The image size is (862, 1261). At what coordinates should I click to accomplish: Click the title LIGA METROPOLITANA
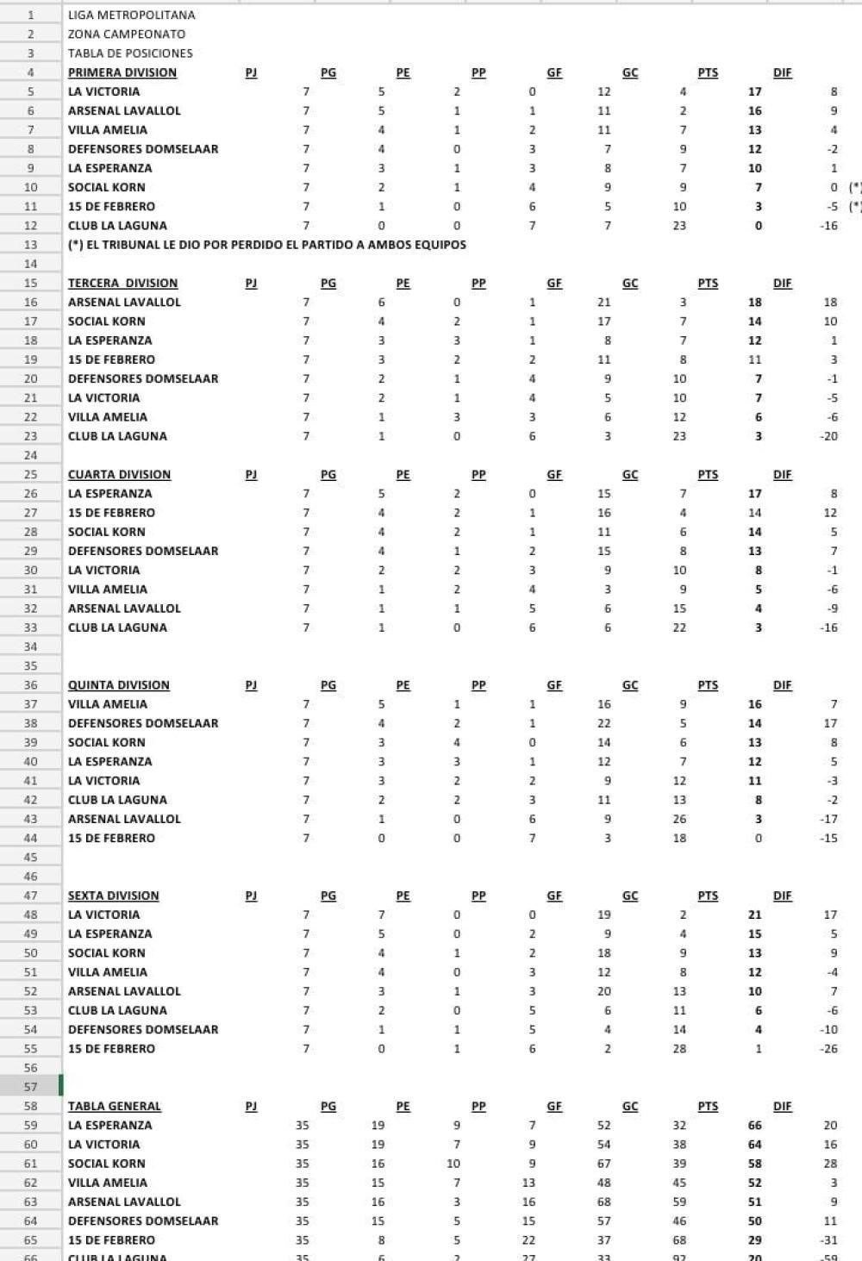point(131,15)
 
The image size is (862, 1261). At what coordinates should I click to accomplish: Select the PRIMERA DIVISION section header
point(122,72)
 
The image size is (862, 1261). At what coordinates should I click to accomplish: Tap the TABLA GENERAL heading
point(114,1106)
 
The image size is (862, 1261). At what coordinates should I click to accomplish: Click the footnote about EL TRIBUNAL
point(266,245)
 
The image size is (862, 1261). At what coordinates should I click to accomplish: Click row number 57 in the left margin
point(31,1087)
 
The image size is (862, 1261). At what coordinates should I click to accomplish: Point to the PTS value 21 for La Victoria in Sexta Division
point(754,915)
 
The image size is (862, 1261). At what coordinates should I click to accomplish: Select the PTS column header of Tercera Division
point(707,283)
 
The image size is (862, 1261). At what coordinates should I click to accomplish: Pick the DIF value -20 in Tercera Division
point(828,436)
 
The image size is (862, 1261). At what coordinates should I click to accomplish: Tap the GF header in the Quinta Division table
point(554,685)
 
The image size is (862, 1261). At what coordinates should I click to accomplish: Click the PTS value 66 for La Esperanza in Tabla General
point(754,1125)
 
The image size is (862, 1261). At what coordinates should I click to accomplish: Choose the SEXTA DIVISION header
point(115,896)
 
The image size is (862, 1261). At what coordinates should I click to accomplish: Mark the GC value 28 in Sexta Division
point(679,1049)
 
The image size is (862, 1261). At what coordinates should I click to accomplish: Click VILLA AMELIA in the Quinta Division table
point(107,704)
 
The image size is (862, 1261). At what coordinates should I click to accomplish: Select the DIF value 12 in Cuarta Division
point(830,513)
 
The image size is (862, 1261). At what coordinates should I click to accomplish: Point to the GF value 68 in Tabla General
point(603,1202)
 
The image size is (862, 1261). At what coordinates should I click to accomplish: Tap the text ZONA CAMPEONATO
point(126,34)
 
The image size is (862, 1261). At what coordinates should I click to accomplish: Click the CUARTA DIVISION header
point(119,474)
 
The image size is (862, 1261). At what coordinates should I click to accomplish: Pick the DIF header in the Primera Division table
point(782,72)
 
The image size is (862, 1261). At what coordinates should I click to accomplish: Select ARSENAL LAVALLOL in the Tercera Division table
point(124,303)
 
